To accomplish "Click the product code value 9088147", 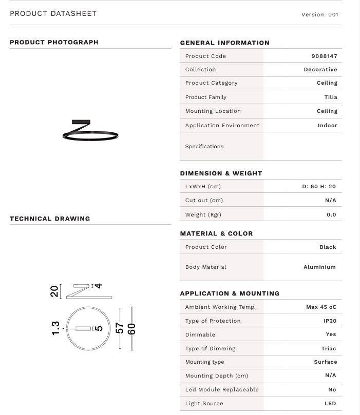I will [324, 56].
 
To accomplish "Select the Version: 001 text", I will [319, 15].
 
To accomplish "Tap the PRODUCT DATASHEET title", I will [53, 14].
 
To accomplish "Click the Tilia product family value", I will [330, 97].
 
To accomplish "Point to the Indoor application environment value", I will [327, 125].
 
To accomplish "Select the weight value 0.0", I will [331, 214].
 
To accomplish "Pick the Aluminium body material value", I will [319, 267].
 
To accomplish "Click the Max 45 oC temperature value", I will [321, 307].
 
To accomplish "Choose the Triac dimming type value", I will [329, 348].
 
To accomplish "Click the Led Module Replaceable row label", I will [222, 389].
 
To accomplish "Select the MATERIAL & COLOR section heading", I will [216, 233].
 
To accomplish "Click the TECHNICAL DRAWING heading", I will [50, 219].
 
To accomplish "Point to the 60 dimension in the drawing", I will [131, 328].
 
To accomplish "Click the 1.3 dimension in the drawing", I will [55, 328].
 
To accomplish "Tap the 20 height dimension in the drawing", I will [54, 291].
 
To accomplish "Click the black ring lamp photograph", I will [90, 131].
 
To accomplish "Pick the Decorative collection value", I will [320, 69].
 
